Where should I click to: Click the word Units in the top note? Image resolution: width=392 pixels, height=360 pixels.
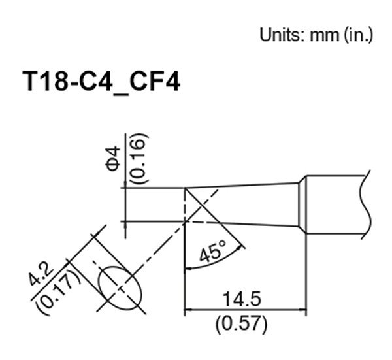(x=277, y=34)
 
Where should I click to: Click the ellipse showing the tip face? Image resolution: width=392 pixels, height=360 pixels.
(x=120, y=286)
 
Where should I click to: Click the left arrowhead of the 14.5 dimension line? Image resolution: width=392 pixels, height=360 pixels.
(x=191, y=310)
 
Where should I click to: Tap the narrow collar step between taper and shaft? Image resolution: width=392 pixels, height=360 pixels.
(x=302, y=205)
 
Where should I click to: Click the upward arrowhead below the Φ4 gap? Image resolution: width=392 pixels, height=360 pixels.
(x=125, y=227)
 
